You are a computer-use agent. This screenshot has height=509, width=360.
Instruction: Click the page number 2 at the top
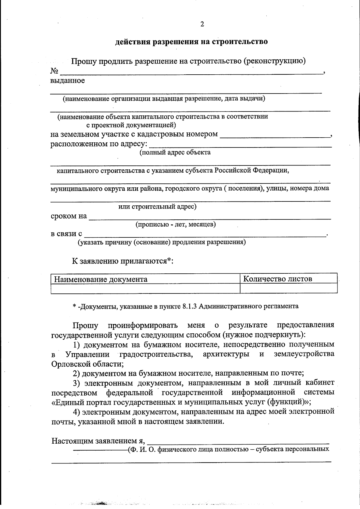coord(202,24)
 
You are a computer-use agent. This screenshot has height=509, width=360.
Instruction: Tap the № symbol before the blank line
coord(54,71)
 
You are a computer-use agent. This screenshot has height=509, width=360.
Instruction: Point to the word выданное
coord(67,81)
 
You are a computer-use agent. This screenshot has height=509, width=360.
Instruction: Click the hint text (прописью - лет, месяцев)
coord(175,224)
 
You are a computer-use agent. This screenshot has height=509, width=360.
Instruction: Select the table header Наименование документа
coord(100,279)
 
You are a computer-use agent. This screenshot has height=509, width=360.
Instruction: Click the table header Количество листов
coord(277,279)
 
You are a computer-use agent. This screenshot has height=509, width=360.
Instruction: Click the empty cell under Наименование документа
coord(145,288)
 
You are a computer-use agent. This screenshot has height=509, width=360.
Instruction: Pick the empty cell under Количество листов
coord(288,288)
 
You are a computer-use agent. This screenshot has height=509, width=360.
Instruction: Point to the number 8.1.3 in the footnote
coord(189,306)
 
